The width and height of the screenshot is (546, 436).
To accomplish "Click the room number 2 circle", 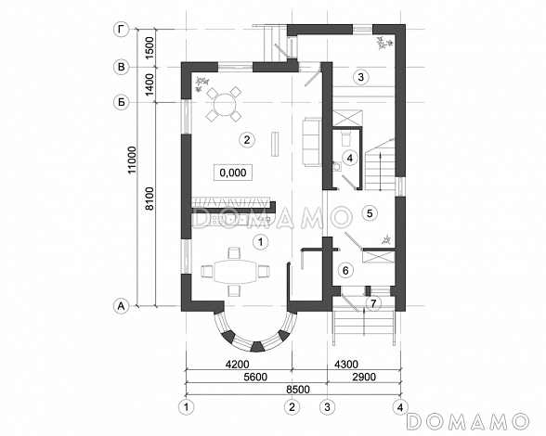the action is point(247,140).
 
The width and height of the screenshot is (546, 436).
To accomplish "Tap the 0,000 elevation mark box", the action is point(233,173).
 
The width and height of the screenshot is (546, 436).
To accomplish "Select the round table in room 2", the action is point(225,104).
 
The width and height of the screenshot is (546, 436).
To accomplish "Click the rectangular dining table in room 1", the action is point(235,272).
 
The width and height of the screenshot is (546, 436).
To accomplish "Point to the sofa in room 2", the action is point(312,142).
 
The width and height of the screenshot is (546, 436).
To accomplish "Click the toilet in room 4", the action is point(345,138).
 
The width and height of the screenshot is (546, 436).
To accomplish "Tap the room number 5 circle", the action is point(370,213).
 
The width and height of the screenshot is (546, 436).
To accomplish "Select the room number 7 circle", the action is point(373,303).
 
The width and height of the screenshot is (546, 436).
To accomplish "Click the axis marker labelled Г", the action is point(122,30).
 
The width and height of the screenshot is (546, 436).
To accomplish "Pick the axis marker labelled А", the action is point(122,306).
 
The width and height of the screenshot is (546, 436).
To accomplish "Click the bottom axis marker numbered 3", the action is point(327,406).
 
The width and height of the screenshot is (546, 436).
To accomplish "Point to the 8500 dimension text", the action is point(298,389).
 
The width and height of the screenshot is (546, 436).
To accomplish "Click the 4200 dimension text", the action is point(238,364).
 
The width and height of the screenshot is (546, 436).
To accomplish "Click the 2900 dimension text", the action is point(364,377).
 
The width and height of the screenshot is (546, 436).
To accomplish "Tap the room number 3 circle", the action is point(360,77).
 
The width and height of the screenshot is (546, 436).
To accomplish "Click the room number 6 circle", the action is point(345,270).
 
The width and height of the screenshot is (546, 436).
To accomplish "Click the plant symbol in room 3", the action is point(384,44).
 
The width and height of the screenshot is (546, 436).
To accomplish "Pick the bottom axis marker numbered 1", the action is point(187,406).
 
